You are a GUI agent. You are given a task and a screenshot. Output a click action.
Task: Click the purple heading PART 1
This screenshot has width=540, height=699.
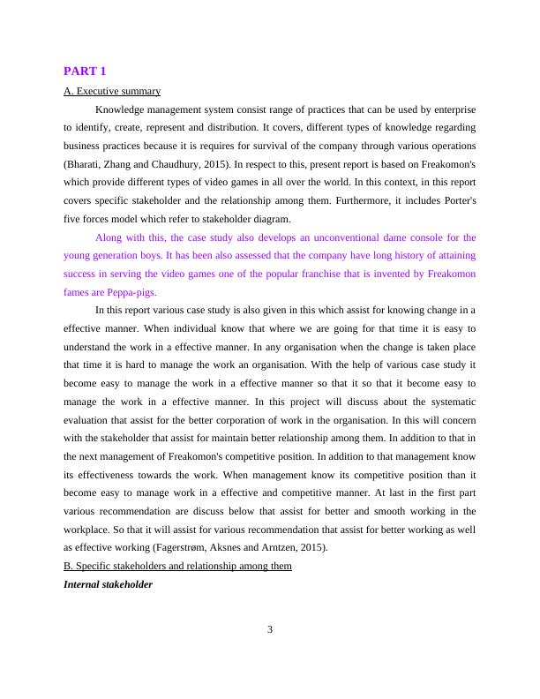click(x=85, y=71)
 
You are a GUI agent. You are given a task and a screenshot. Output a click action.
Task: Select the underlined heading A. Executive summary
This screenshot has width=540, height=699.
click(x=112, y=91)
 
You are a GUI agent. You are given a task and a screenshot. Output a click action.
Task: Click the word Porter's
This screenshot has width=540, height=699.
click(x=456, y=200)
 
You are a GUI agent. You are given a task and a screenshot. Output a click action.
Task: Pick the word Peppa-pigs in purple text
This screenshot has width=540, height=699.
click(x=131, y=292)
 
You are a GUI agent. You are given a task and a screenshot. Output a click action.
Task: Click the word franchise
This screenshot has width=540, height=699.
click(x=302, y=274)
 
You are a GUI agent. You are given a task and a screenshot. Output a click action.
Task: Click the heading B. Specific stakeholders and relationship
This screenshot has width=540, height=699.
click(x=177, y=566)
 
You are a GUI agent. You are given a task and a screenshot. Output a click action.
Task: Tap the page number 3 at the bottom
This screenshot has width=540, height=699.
click(x=270, y=629)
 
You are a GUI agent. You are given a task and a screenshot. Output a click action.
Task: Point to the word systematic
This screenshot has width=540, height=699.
click(x=442, y=402)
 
